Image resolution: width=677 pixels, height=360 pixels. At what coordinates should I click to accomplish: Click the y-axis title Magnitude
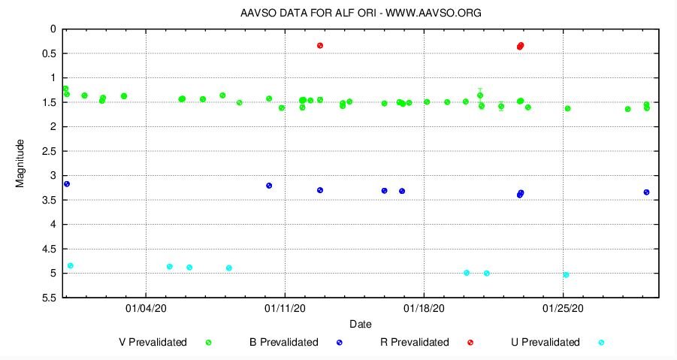coord(20,163)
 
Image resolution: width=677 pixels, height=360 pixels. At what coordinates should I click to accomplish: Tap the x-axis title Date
coord(360,324)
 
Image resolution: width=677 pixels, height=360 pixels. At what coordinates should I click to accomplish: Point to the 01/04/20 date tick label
coord(146,308)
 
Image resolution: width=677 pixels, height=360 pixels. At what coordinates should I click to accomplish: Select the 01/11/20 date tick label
coord(286,308)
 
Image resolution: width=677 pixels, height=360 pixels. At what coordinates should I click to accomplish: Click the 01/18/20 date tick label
coord(425,308)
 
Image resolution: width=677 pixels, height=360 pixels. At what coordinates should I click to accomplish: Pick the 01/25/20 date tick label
coord(564,308)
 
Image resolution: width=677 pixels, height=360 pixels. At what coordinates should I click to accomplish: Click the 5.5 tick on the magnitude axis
coord(49,298)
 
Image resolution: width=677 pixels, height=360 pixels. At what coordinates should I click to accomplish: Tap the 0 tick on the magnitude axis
coord(53,29)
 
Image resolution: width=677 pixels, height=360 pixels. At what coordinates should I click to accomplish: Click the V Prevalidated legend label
coord(153,342)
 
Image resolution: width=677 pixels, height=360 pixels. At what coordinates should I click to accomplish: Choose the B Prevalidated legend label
coord(284,342)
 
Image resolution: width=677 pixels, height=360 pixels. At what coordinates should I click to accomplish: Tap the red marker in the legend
coord(470,343)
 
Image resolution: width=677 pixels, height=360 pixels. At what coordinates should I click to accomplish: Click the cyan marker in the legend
coord(601,343)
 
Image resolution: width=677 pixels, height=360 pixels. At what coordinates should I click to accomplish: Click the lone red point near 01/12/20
coord(320,46)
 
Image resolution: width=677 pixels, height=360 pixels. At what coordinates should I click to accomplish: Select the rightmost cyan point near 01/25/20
coord(566,275)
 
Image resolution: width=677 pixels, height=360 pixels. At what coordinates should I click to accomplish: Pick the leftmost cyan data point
coord(71,265)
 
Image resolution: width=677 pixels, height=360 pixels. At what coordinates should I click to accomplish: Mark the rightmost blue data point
coord(646,192)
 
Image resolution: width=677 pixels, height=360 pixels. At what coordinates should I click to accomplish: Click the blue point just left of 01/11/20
coord(269,186)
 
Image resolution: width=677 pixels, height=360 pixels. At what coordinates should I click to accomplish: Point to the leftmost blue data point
coord(67,184)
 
